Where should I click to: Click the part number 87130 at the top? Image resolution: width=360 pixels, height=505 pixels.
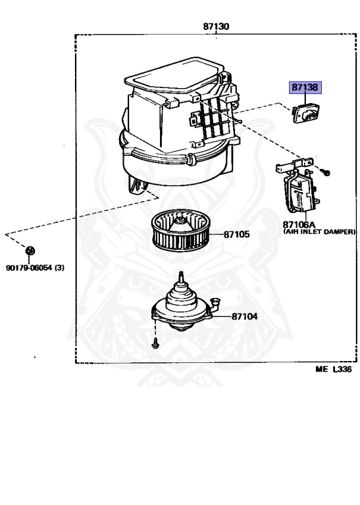point(216,26)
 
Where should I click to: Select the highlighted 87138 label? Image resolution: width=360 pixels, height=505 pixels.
point(305,87)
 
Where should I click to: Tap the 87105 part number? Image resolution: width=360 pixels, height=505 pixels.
point(236,234)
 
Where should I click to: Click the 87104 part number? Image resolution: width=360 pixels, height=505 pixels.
point(245,316)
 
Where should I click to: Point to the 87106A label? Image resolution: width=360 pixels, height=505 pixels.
point(299,224)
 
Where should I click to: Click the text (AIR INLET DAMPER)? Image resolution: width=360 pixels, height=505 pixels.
point(319,231)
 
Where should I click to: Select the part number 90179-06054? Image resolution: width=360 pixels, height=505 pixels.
point(29,268)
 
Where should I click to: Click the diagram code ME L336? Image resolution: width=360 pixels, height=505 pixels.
point(334,369)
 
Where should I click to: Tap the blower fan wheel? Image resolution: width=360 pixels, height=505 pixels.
point(181,229)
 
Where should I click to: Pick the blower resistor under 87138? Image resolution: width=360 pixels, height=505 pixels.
point(304,113)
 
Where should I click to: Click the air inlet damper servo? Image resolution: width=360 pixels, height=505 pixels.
point(298,189)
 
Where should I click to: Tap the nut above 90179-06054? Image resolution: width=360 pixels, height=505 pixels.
point(30,251)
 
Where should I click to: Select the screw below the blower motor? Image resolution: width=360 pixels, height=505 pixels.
point(155,343)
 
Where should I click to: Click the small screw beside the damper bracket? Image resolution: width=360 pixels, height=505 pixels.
point(326,173)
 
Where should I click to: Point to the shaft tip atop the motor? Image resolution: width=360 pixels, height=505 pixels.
point(182,274)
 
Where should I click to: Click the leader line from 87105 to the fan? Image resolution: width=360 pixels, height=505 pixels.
point(217,234)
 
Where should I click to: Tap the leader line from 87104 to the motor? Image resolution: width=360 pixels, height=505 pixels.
point(222,316)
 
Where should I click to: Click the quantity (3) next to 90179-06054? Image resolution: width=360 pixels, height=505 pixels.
point(59,268)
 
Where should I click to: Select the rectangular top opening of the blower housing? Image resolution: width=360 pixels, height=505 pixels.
point(174,75)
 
